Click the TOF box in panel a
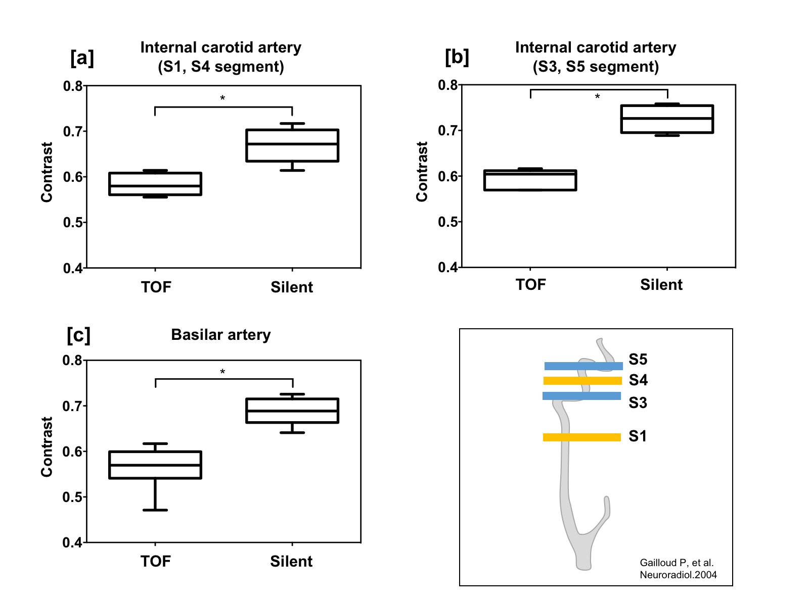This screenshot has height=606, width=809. (155, 184)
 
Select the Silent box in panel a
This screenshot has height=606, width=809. (292, 145)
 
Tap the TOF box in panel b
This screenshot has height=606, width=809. (530, 180)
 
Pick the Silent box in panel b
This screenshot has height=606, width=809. (667, 119)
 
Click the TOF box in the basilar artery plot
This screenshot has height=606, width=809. (155, 465)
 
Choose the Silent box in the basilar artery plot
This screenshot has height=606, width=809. (292, 411)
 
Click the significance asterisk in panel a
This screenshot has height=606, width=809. (222, 98)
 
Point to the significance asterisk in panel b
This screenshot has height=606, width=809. (597, 96)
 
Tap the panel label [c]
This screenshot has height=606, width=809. (78, 335)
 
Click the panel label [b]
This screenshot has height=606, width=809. (457, 57)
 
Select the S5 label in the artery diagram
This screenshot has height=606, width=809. (638, 360)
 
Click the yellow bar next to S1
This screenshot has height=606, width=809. (581, 437)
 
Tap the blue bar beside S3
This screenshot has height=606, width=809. (581, 396)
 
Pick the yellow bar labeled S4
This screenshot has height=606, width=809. (582, 381)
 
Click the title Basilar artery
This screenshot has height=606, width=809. (221, 335)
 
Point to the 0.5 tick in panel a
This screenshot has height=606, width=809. (73, 222)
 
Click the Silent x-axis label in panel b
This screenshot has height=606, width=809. (661, 285)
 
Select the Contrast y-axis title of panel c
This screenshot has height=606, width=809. (47, 446)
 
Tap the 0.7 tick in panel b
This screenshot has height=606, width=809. (448, 131)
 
